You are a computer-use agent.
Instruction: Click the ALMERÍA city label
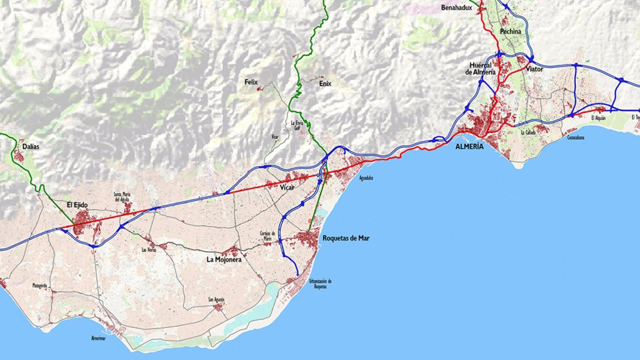[x=469, y=146]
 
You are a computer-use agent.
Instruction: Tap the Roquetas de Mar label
[x=346, y=238]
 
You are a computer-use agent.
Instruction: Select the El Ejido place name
[x=77, y=204]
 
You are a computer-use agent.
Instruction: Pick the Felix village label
[x=251, y=82]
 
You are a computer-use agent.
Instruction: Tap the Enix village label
[x=325, y=83]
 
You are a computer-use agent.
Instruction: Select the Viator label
[x=534, y=69]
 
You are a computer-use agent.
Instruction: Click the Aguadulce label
[x=366, y=178]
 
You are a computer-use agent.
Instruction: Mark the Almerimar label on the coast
[x=98, y=338]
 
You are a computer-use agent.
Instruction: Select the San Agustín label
[x=217, y=299]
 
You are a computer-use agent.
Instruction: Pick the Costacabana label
[x=578, y=137]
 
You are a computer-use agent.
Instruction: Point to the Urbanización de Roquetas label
[x=321, y=284]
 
